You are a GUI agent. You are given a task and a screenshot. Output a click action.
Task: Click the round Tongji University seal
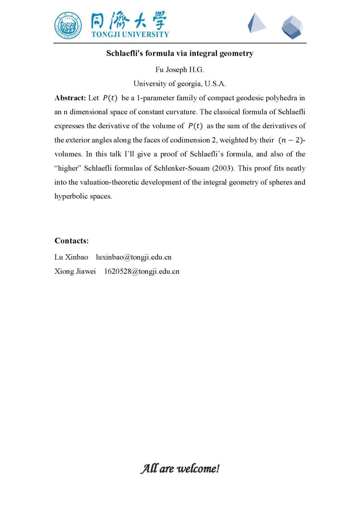tap(69, 26)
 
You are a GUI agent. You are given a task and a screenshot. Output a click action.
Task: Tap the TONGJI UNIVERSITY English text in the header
tap(130, 35)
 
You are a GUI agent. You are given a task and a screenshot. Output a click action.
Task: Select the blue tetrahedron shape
tap(256, 23)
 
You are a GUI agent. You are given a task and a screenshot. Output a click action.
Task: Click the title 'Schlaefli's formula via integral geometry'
tap(179, 54)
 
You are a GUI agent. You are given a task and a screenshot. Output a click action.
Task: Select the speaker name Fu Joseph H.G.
tap(180, 69)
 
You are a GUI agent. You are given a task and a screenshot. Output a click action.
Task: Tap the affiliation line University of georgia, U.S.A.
tap(180, 83)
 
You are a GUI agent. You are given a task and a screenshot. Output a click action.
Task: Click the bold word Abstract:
tap(70, 98)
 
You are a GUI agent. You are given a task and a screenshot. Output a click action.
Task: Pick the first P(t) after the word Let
tap(110, 98)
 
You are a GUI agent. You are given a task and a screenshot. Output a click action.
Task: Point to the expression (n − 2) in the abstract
tap(290, 140)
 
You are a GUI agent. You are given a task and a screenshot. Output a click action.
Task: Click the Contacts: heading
tap(71, 241)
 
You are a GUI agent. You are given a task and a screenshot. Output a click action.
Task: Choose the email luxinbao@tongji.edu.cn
tap(133, 257)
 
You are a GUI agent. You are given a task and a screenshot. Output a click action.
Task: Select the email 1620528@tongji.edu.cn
tap(141, 272)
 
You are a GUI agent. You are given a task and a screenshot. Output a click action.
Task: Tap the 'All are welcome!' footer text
tap(180, 468)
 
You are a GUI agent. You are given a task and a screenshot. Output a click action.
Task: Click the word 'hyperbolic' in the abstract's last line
tap(70, 196)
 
